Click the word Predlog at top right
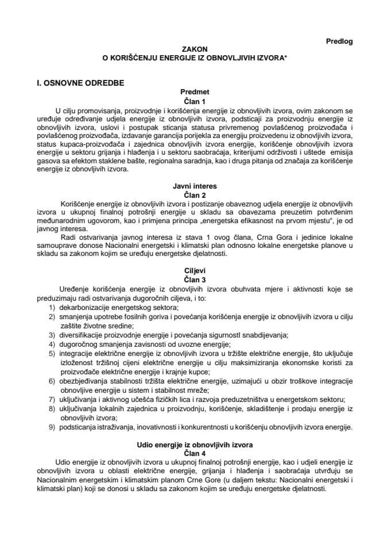pos(339,41)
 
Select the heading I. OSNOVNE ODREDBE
pos(80,83)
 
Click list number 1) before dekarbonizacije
pos(52,308)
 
